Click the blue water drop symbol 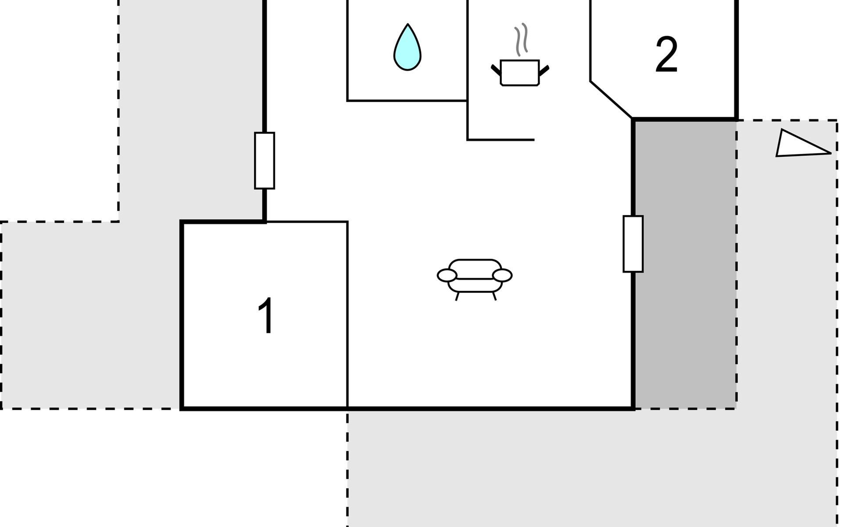coord(407,47)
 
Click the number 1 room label coord(266,315)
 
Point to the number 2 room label coord(666,54)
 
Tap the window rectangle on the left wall coord(264,161)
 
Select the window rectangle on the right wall coord(633,244)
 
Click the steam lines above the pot coord(521,39)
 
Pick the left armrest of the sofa coord(447,275)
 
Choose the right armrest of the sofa coord(502,275)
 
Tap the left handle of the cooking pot coord(496,69)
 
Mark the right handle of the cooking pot coord(544,69)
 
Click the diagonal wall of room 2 coord(612,100)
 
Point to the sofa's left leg coord(457,296)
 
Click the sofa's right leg coord(494,296)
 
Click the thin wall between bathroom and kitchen coord(468,70)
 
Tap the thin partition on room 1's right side coord(348,314)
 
